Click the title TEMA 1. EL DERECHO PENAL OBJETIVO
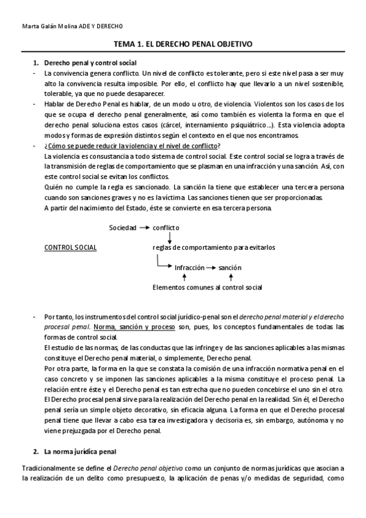[x=183, y=45]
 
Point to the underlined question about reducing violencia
[x=133, y=146]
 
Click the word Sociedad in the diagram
[x=123, y=227]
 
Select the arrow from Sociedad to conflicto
[x=144, y=227]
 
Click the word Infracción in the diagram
[x=189, y=268]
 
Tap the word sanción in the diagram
[x=230, y=268]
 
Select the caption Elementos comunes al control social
[x=208, y=287]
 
